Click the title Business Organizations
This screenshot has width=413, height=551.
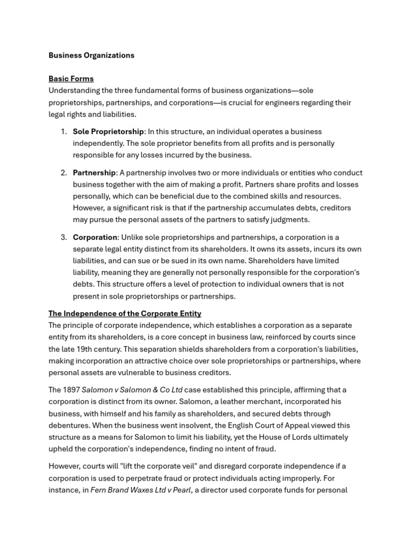click(91, 55)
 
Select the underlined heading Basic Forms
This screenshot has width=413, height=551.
click(71, 79)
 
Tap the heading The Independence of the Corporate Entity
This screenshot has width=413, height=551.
click(125, 313)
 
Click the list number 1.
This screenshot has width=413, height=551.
click(63, 131)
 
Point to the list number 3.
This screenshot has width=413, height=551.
click(63, 237)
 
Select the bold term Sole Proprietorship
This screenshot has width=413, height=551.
click(108, 131)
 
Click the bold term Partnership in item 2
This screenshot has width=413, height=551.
click(94, 173)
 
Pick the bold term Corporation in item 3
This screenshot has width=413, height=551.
click(95, 237)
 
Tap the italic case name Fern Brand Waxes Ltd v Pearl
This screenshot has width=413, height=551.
click(140, 490)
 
